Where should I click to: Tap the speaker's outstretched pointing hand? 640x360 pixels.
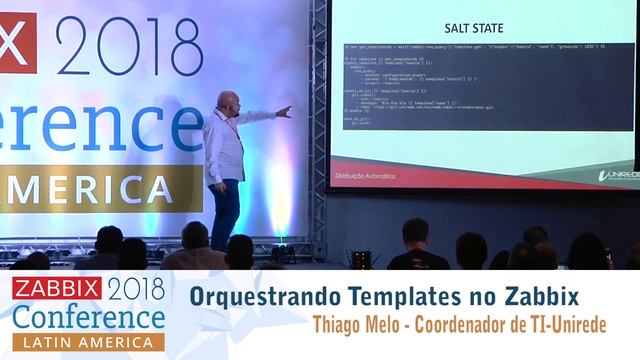285,111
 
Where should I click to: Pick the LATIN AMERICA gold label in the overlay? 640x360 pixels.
87,342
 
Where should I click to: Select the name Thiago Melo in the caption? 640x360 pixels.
357,326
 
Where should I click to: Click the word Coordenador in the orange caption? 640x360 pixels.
474,326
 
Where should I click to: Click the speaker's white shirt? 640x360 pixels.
224,145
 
